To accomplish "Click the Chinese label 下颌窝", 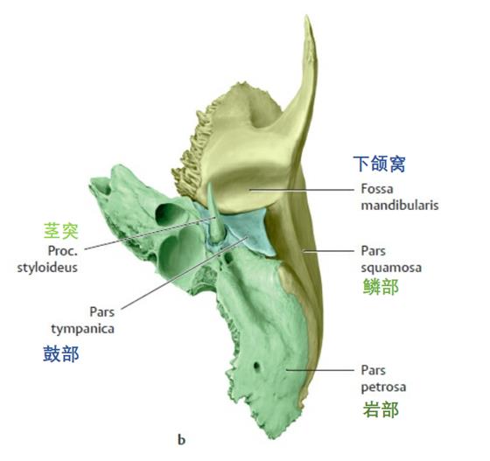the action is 379,164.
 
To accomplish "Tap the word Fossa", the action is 377,189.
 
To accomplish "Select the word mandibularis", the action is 400,206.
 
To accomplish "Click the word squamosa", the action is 391,268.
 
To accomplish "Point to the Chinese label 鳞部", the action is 381,287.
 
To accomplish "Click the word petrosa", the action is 383,388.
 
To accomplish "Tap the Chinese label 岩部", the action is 381,409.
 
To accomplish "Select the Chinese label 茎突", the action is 61,231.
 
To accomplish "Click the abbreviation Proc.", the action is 62,250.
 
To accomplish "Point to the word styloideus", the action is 47,268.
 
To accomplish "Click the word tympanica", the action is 83,329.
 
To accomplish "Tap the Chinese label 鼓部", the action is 61,354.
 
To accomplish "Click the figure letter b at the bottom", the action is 182,439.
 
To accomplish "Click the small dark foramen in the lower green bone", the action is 257,366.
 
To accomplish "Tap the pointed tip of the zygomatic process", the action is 307,17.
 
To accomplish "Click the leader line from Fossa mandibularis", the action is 301,189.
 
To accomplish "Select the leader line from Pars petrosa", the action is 319,370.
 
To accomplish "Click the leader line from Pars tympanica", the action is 185,273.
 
